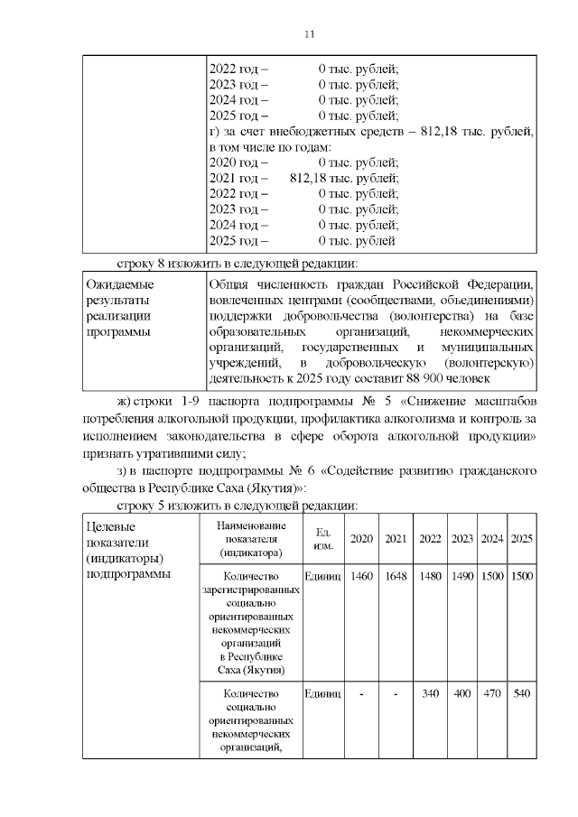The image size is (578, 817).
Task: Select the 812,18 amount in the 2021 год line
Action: pyautogui.click(x=312, y=178)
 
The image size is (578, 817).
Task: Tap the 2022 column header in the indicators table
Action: pyautogui.click(x=431, y=539)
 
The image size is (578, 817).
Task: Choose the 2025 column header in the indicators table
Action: pyautogui.click(x=521, y=539)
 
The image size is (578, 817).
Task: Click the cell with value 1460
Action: pyautogui.click(x=360, y=576)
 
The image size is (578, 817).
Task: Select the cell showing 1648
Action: pyautogui.click(x=395, y=576)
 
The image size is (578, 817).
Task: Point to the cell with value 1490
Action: pyautogui.click(x=462, y=576)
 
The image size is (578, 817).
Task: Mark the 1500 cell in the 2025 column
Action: pyautogui.click(x=521, y=576)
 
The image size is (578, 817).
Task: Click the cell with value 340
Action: pyautogui.click(x=431, y=693)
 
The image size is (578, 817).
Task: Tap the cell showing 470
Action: pyautogui.click(x=492, y=693)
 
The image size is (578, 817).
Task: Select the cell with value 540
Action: pyautogui.click(x=521, y=693)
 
